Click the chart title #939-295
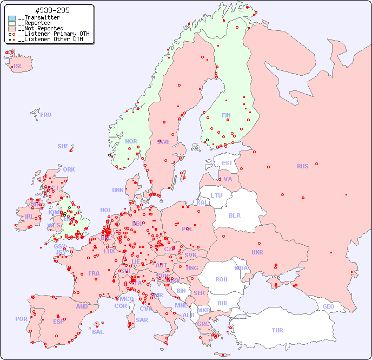52,11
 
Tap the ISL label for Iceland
18,67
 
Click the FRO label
46,115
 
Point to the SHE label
63,146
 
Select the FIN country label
226,115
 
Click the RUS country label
302,166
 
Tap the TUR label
277,330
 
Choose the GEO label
328,306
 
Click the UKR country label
257,252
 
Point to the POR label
21,319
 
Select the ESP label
58,321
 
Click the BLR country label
235,215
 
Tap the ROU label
221,279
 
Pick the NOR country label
131,141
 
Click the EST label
227,163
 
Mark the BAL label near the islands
98,332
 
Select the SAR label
142,320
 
